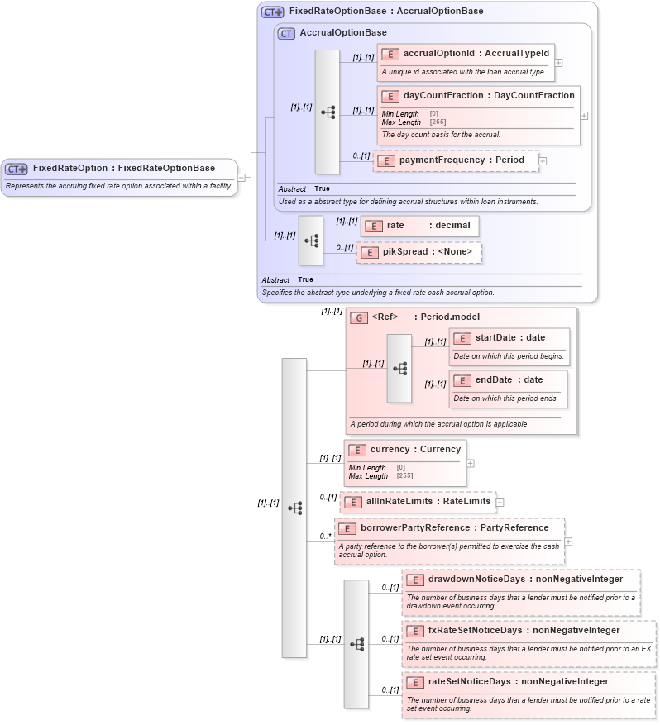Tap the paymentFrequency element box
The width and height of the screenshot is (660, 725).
click(456, 160)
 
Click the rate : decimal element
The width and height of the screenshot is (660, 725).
click(419, 226)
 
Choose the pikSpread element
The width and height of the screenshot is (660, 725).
click(418, 252)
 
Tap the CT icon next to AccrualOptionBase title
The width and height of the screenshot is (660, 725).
click(286, 34)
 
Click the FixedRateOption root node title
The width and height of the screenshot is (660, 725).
click(123, 169)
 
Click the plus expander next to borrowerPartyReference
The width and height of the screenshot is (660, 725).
click(568, 541)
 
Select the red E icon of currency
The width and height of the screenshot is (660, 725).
click(357, 450)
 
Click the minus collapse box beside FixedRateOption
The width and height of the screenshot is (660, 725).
click(241, 177)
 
